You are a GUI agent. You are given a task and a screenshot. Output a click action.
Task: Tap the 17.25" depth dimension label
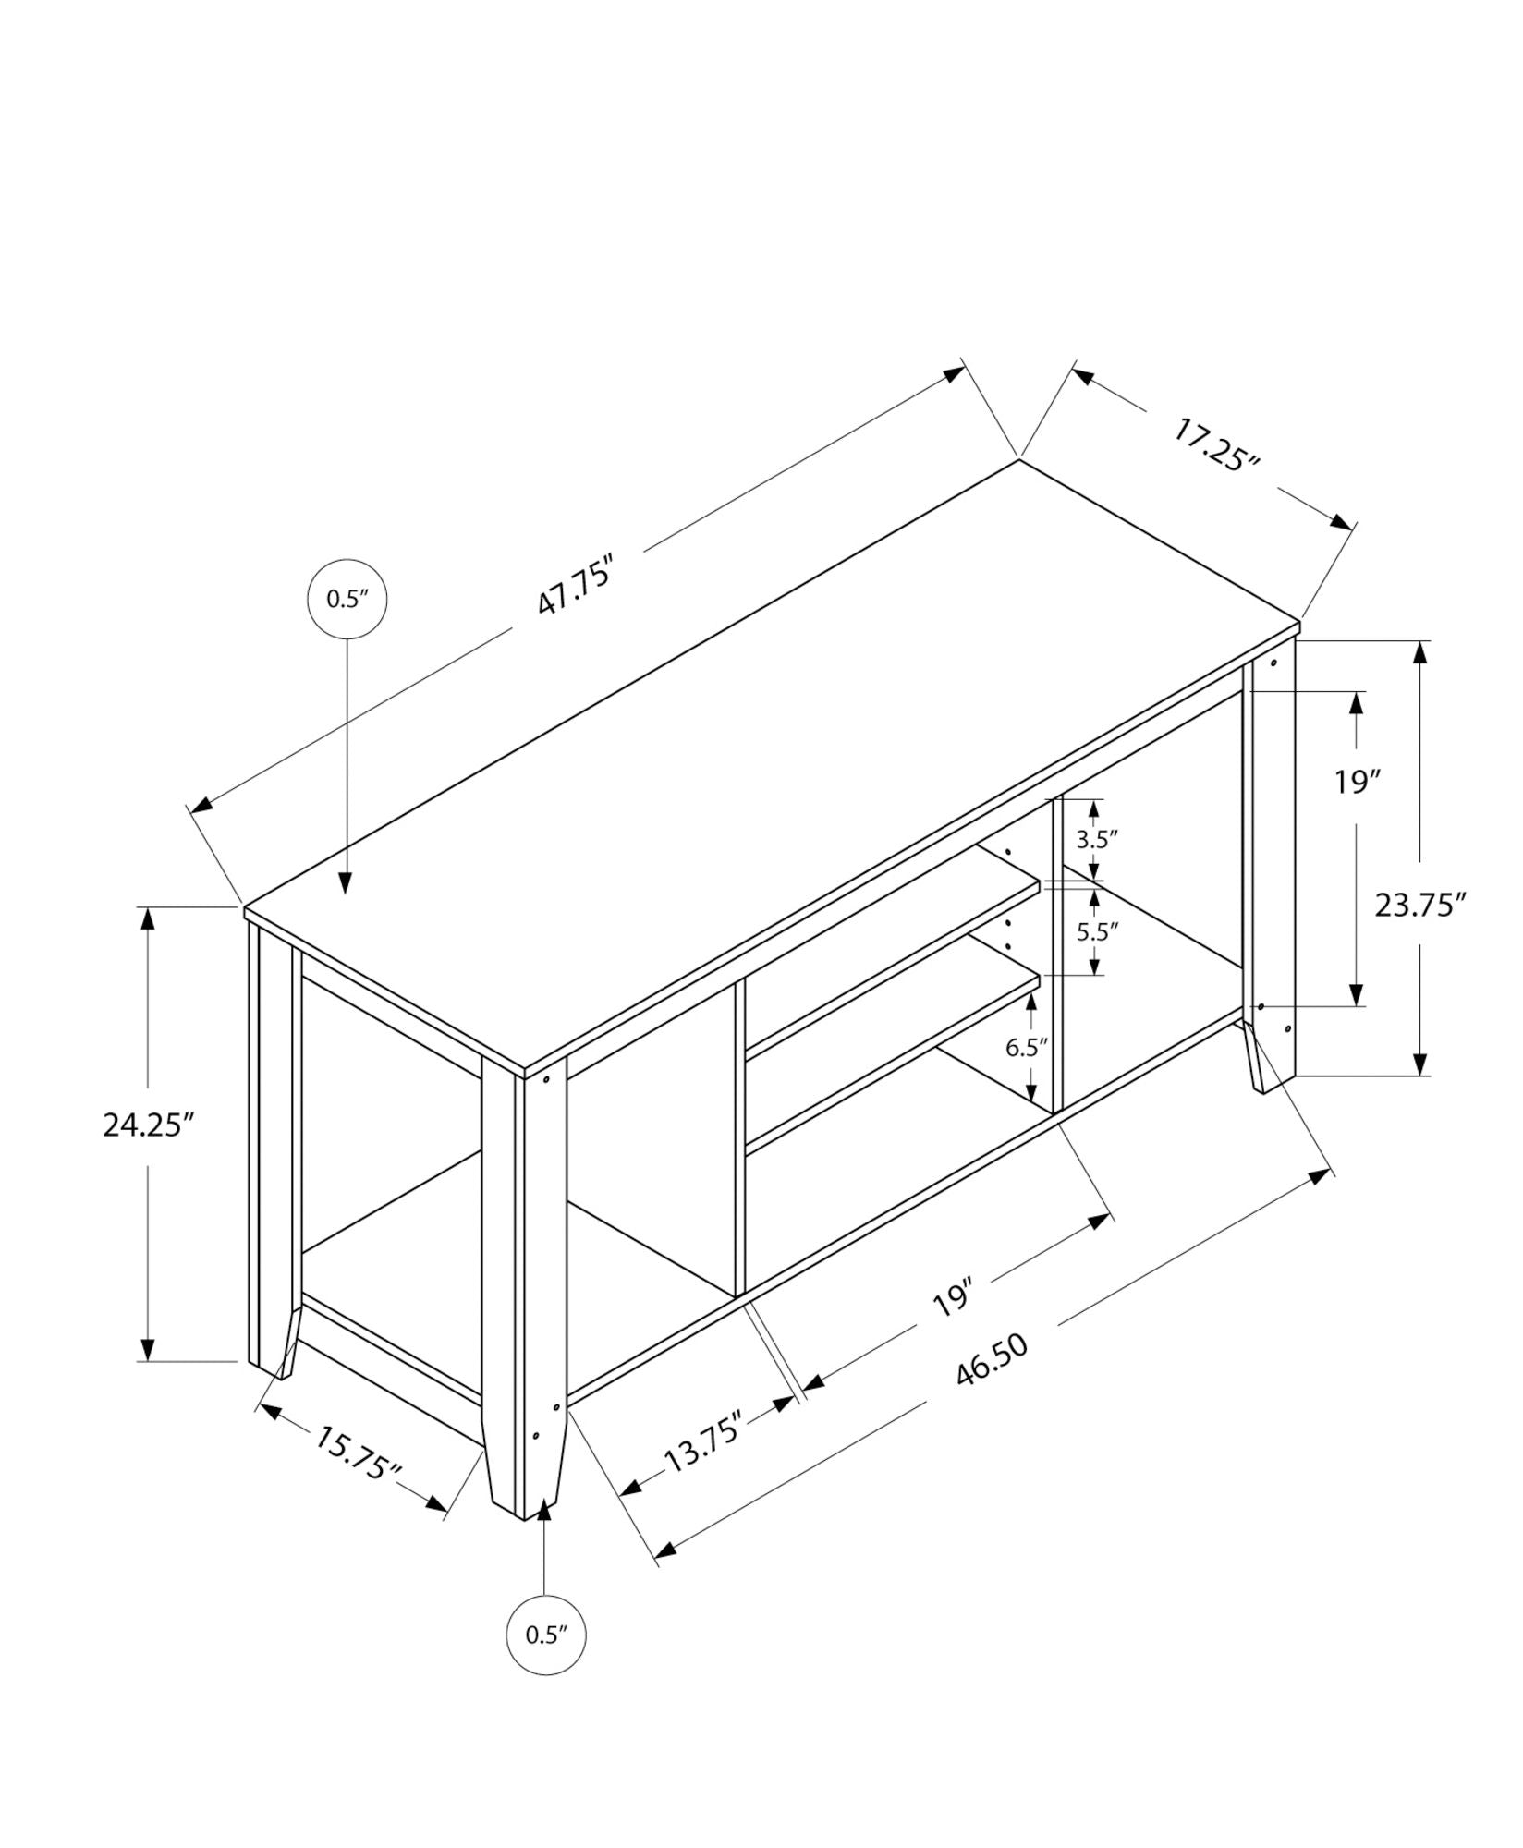1216,444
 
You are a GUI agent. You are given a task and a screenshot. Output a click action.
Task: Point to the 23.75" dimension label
1420,905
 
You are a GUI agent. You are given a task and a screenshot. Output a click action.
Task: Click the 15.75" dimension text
358,1479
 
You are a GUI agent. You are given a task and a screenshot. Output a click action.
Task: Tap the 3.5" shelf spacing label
1097,839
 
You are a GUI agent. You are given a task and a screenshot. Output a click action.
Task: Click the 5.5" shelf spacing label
1097,930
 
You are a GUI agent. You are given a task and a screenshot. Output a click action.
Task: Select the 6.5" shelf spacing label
1027,1047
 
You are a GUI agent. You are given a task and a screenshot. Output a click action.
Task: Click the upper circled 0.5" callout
347,599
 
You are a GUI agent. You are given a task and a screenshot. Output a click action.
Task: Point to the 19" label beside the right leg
1357,782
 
